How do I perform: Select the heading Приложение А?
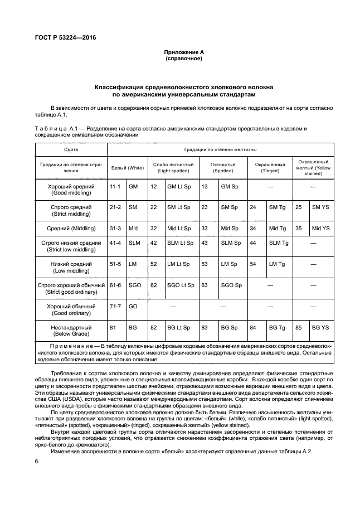(183, 51)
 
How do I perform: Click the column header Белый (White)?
(128, 167)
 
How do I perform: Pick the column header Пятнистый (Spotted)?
(223, 167)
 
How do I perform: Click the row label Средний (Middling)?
(72, 228)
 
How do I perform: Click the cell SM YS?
(321, 207)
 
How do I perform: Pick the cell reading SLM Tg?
(279, 243)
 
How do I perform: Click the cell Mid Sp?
(229, 228)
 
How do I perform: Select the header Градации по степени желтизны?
(221, 151)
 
